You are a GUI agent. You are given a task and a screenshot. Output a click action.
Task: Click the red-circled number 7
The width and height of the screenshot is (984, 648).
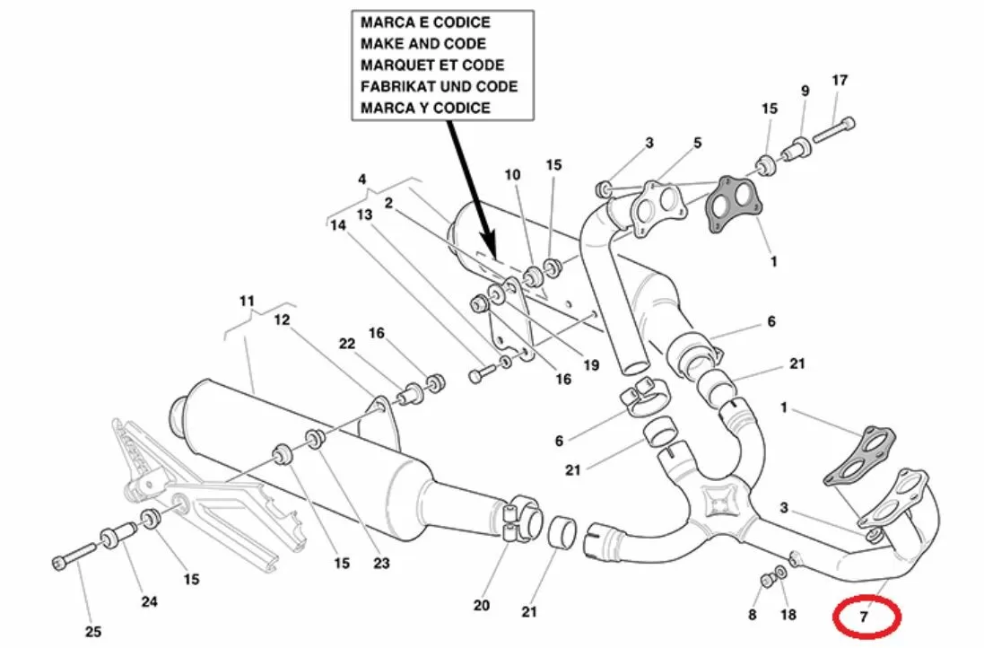point(865,617)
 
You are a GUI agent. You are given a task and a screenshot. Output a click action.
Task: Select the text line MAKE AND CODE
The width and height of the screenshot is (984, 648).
point(422,43)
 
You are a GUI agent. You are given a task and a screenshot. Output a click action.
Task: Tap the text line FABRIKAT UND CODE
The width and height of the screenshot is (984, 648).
point(439,86)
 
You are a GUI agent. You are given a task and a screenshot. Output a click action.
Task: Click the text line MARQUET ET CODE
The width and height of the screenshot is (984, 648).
point(431,65)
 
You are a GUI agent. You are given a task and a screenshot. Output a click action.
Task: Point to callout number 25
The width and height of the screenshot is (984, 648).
point(93,632)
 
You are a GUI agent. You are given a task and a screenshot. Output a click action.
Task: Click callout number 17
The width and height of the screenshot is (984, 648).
point(839,81)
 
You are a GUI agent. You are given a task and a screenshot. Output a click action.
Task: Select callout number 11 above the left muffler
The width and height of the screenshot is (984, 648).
point(248,300)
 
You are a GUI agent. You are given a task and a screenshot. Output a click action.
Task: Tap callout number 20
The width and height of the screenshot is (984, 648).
point(482,605)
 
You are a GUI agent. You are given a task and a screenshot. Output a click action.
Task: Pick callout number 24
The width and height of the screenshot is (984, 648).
point(149,601)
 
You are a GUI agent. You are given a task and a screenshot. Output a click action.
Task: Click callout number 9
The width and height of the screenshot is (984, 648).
point(805,91)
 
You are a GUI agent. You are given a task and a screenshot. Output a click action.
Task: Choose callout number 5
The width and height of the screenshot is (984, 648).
point(697,143)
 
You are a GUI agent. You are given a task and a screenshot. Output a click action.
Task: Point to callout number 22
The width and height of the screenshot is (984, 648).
point(346,343)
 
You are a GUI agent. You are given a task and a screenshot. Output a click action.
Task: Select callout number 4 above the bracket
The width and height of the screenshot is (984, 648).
point(362,180)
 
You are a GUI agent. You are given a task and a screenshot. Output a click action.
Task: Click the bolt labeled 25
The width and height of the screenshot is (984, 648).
point(74,558)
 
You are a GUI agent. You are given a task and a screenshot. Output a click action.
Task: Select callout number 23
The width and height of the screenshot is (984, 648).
point(382,564)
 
